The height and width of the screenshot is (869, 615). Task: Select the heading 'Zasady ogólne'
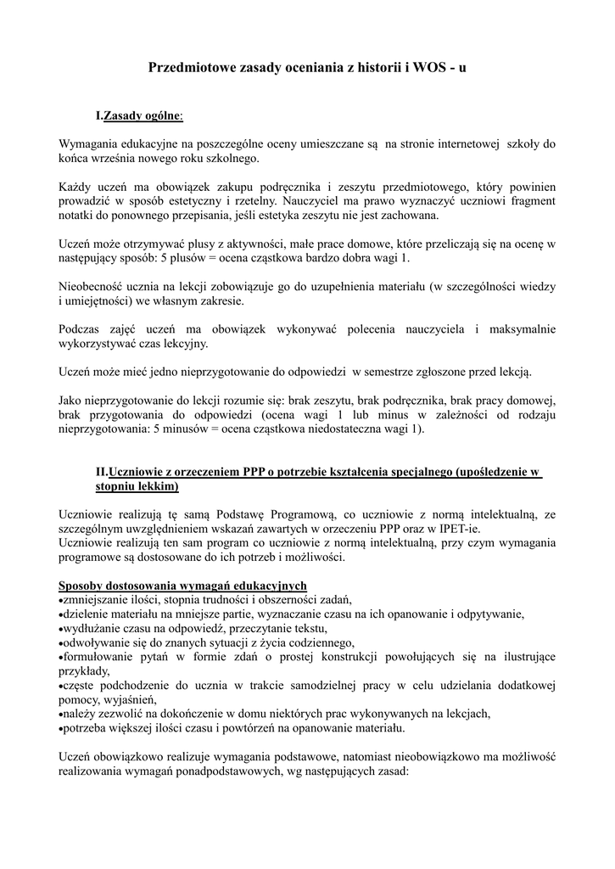tap(142, 115)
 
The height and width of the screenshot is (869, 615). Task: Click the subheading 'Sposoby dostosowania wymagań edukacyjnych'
tap(182, 586)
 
